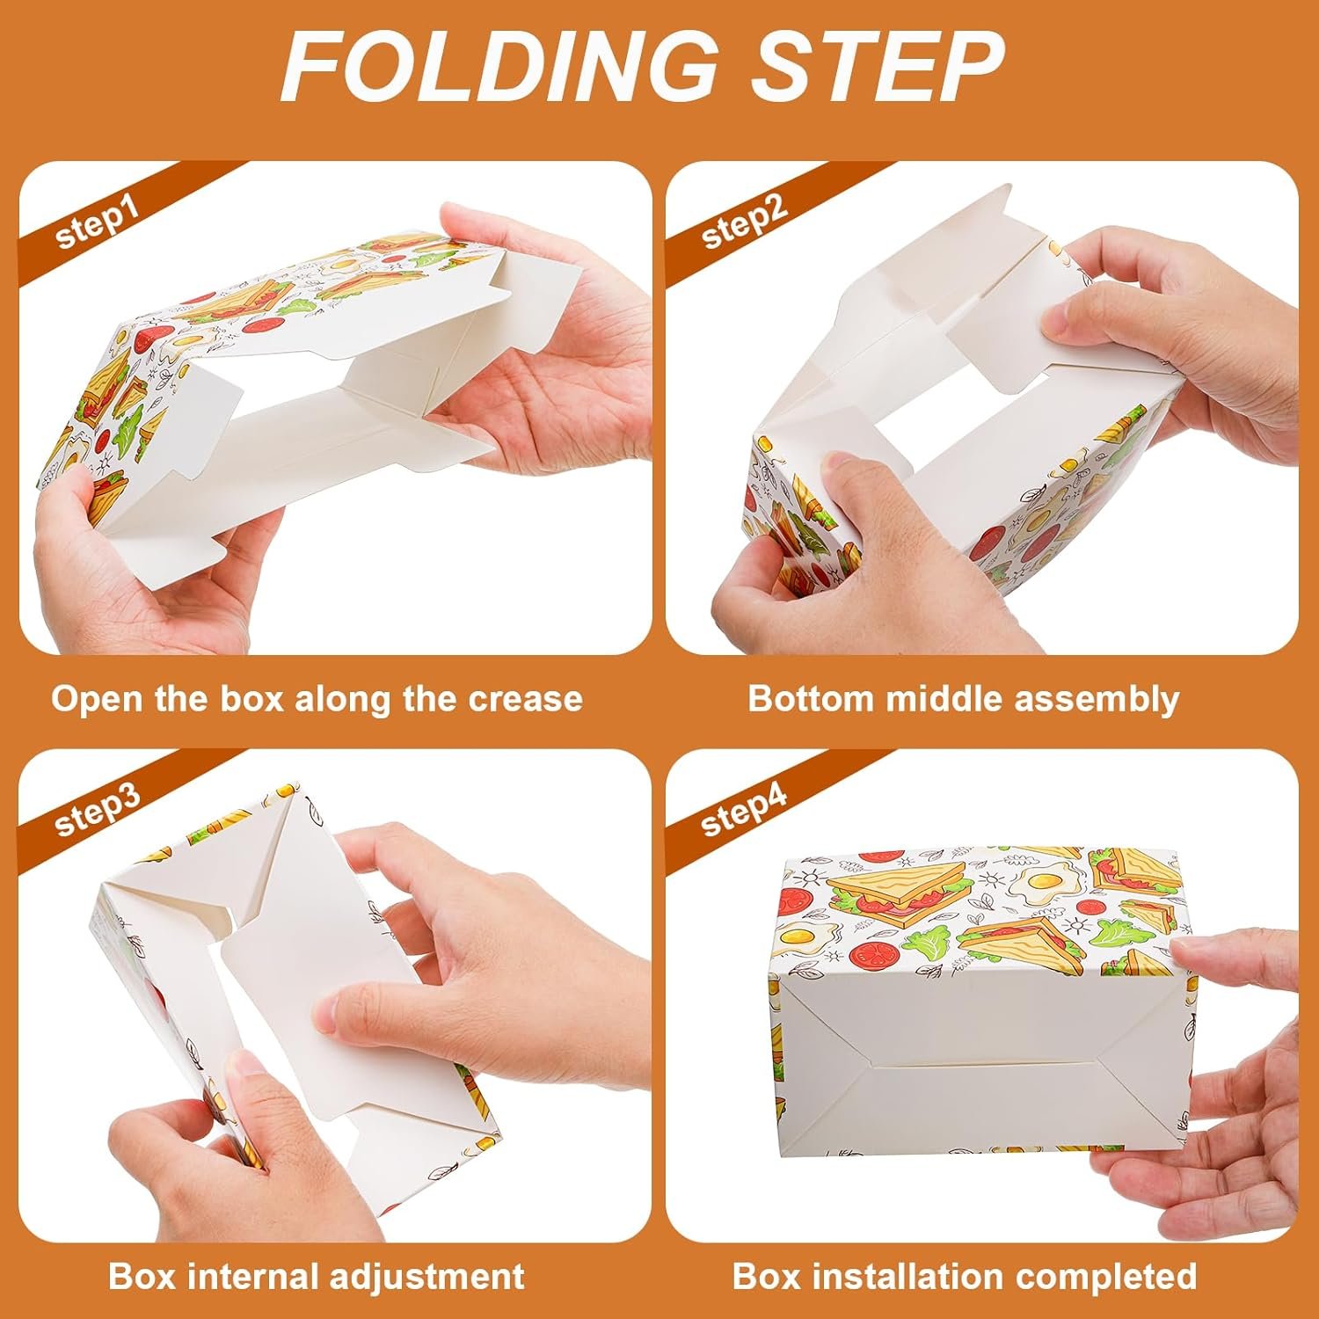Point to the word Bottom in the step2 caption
[810, 699]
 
